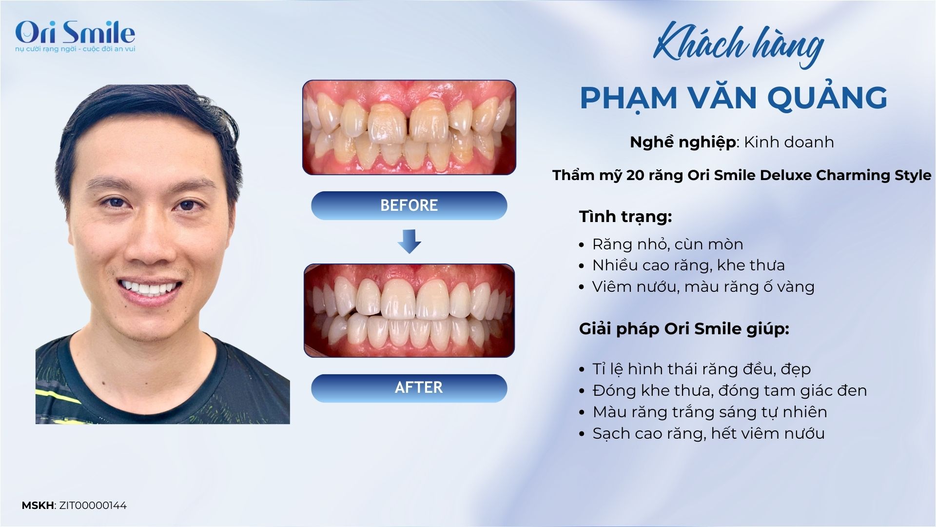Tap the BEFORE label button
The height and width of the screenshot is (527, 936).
click(x=409, y=205)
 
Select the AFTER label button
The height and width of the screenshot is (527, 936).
click(x=409, y=388)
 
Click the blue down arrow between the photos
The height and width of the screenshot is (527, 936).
click(x=409, y=242)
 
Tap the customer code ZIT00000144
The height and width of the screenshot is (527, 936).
click(x=93, y=506)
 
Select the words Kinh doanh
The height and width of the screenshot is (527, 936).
click(x=789, y=142)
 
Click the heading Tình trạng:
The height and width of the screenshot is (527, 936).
click(x=625, y=217)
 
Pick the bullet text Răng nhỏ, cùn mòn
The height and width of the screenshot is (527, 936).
click(x=667, y=244)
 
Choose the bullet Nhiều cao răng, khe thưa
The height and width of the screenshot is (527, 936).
click(x=688, y=265)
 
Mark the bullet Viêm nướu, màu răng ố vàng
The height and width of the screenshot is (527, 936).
click(x=703, y=286)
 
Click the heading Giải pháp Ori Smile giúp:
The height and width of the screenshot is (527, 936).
click(x=684, y=329)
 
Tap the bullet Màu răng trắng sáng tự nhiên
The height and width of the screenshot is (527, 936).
click(x=710, y=412)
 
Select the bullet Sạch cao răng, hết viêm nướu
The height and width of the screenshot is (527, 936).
click(x=708, y=433)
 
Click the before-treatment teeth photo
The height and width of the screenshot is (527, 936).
click(x=409, y=127)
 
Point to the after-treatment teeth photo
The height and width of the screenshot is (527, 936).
click(x=409, y=310)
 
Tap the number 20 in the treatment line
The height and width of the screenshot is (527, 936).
click(x=635, y=175)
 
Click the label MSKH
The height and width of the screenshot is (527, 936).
click(x=38, y=506)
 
